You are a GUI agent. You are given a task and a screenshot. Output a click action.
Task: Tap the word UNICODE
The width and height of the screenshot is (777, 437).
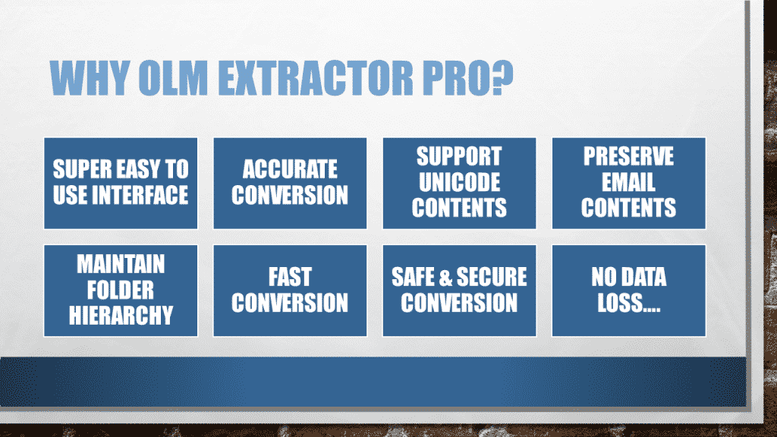(x=459, y=183)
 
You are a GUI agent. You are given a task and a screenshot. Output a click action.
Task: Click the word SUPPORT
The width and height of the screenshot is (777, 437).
(x=459, y=158)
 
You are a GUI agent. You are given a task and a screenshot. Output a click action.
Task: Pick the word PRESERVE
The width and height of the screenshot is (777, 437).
(x=628, y=158)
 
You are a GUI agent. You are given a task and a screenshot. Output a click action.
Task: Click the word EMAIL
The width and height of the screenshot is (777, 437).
(x=628, y=183)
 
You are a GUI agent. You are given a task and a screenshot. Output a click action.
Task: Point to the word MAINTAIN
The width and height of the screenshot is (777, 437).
(x=121, y=266)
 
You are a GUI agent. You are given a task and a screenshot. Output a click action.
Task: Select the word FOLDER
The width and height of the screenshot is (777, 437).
(x=121, y=291)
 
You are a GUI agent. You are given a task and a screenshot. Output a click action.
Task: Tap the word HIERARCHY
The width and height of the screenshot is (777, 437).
(x=121, y=315)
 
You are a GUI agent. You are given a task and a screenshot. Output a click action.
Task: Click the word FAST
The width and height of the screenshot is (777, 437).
(x=290, y=278)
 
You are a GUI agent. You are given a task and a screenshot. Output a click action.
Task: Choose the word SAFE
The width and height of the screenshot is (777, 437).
(x=415, y=278)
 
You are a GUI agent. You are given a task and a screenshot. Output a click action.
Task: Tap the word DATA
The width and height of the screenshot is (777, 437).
(x=643, y=278)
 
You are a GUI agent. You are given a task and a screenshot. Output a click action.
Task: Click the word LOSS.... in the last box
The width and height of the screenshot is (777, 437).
(x=628, y=303)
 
